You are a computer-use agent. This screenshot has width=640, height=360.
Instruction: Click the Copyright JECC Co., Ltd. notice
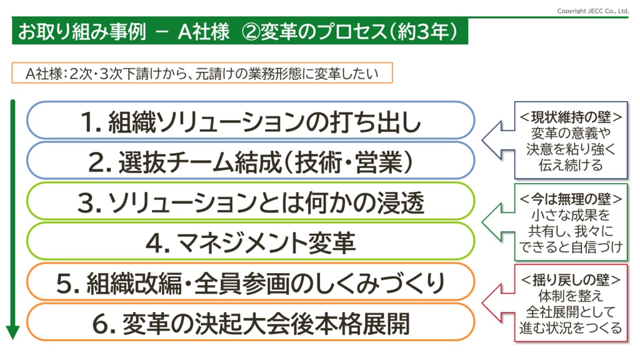click(592, 11)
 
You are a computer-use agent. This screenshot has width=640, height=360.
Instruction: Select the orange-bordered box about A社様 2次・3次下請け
click(202, 73)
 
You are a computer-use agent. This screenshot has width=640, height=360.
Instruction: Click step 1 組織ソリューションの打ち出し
click(251, 121)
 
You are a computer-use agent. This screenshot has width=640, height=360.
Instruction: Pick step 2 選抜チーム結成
click(251, 161)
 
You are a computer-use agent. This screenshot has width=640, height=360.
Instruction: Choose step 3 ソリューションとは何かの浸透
click(251, 201)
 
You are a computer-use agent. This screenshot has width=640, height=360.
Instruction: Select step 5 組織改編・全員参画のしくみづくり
click(251, 282)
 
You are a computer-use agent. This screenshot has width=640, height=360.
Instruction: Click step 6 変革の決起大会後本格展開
click(251, 322)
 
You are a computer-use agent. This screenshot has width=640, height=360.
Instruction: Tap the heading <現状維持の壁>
click(571, 117)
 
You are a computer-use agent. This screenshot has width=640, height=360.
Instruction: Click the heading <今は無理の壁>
click(571, 199)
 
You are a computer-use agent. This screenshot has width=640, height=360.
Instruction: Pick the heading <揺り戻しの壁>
click(571, 280)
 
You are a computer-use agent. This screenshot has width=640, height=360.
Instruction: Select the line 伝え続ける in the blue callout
click(571, 165)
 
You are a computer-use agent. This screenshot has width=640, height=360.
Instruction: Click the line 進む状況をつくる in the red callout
click(571, 327)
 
